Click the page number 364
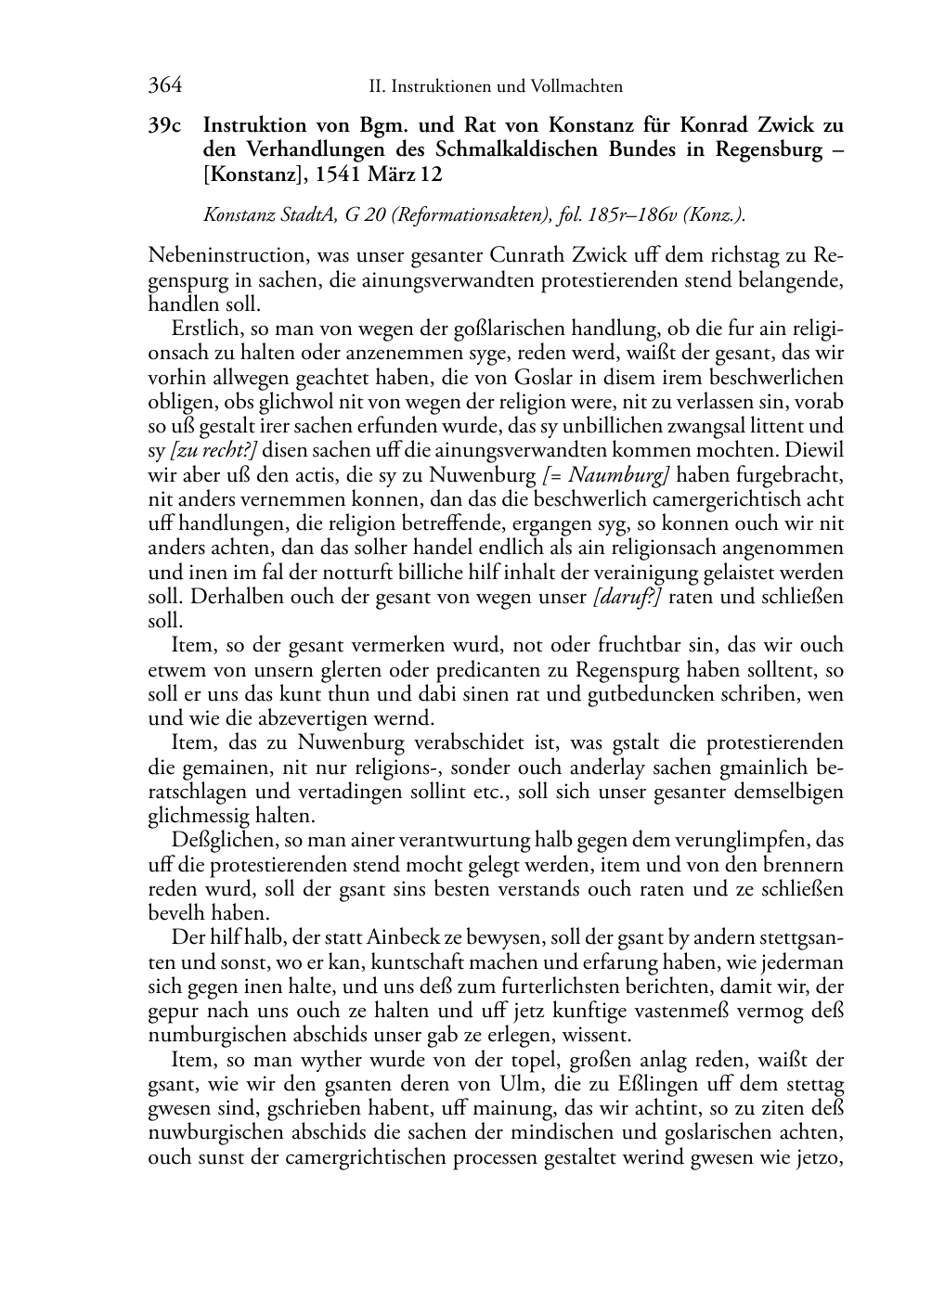tap(164, 86)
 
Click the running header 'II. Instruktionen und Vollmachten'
tap(496, 87)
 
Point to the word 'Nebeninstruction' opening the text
tap(215, 255)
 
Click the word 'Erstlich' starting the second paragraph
tap(201, 329)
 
